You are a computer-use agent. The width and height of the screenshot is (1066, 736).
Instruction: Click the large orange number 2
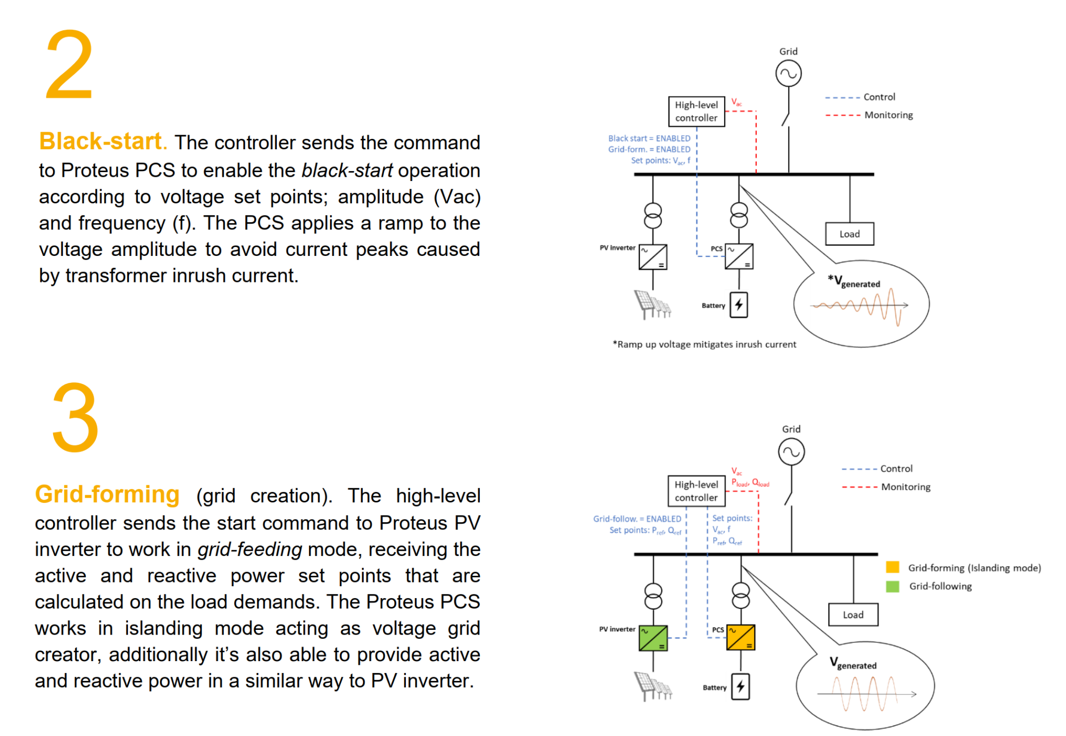[69, 64]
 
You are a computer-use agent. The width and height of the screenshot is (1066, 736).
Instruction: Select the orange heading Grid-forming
[107, 495]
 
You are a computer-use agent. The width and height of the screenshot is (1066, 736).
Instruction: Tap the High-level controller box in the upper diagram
[696, 111]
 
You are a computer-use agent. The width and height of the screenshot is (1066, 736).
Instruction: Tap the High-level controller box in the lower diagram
[696, 491]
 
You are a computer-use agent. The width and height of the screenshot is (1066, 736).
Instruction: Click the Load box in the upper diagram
[849, 234]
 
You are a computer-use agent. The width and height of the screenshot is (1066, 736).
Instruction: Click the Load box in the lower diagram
[853, 615]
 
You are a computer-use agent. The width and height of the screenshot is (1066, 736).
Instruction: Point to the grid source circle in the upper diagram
[788, 73]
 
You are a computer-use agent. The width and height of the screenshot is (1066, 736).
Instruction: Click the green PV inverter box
[653, 638]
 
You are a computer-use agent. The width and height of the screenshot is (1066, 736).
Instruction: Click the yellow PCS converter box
[740, 638]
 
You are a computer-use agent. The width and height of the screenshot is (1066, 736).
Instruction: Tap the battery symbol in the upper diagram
[739, 305]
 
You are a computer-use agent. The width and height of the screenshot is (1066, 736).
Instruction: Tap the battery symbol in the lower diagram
[740, 687]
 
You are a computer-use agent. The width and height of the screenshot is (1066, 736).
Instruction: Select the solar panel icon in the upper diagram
[652, 304]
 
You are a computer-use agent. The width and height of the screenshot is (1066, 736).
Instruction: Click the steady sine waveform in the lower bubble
[864, 693]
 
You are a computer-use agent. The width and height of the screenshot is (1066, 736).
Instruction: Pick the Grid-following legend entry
[940, 586]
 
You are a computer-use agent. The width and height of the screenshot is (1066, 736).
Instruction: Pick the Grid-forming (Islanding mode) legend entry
[973, 568]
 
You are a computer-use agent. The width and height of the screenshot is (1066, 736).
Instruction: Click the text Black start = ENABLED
[649, 138]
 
